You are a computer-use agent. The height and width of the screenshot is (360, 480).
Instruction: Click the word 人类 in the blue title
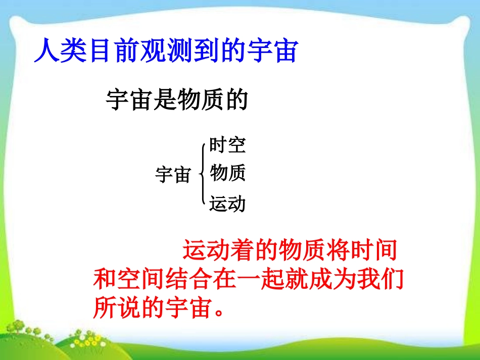pos(60,50)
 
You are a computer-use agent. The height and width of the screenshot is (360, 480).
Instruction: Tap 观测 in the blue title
pos(165,50)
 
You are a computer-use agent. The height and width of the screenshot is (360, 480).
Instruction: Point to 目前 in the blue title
pos(113,50)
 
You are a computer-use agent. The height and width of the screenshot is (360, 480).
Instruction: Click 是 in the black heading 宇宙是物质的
pos(165,99)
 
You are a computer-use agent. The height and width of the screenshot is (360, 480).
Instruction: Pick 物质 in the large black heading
pos(201,99)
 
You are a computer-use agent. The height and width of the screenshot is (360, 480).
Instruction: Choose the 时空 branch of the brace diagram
pos(227,145)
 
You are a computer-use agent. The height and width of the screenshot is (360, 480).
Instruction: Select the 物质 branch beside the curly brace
pos(227,173)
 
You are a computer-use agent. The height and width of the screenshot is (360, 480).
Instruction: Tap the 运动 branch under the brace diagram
pos(227,203)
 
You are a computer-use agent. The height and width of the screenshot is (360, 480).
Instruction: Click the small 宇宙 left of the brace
pos(173,175)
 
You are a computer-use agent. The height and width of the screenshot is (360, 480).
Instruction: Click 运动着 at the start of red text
pos(218,250)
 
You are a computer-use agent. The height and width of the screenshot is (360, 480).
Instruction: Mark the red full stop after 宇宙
pos(219,312)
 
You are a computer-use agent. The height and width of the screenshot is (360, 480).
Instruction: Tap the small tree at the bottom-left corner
pos(18,327)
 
